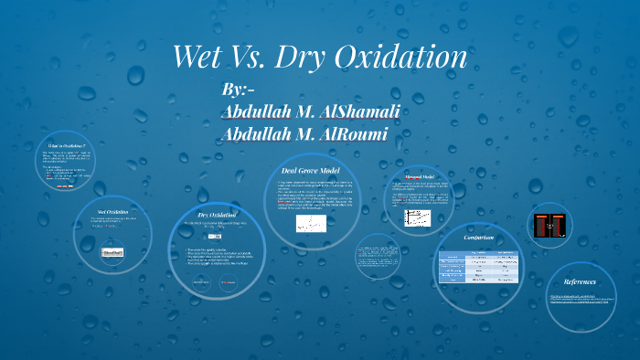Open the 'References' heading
coord(581,281)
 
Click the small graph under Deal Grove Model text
coord(311,223)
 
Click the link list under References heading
coord(581,300)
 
